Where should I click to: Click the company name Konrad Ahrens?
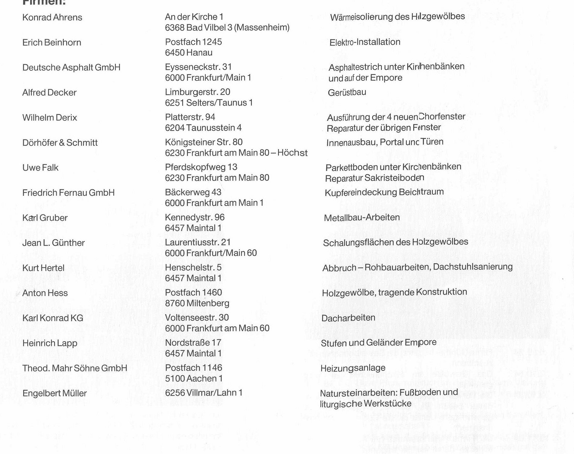[52, 18]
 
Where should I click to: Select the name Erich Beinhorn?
[52, 43]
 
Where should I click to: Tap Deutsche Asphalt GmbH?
[71, 67]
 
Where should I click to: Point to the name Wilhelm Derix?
[50, 118]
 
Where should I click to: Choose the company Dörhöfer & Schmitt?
[60, 143]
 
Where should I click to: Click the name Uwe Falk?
[40, 168]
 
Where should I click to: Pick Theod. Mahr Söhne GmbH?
[75, 368]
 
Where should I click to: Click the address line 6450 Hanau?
[189, 53]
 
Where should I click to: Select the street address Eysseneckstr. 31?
[198, 67]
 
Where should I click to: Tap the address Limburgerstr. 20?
[198, 92]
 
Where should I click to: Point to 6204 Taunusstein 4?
[203, 128]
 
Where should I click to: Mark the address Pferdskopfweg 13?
[201, 167]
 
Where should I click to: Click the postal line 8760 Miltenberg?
[197, 303]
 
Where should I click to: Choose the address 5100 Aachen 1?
[194, 379]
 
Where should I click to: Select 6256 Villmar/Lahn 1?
[204, 393]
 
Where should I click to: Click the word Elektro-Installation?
[365, 42]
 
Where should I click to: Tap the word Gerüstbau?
[347, 93]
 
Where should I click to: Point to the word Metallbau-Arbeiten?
[362, 218]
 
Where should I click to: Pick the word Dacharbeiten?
[348, 318]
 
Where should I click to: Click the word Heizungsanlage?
[353, 368]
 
